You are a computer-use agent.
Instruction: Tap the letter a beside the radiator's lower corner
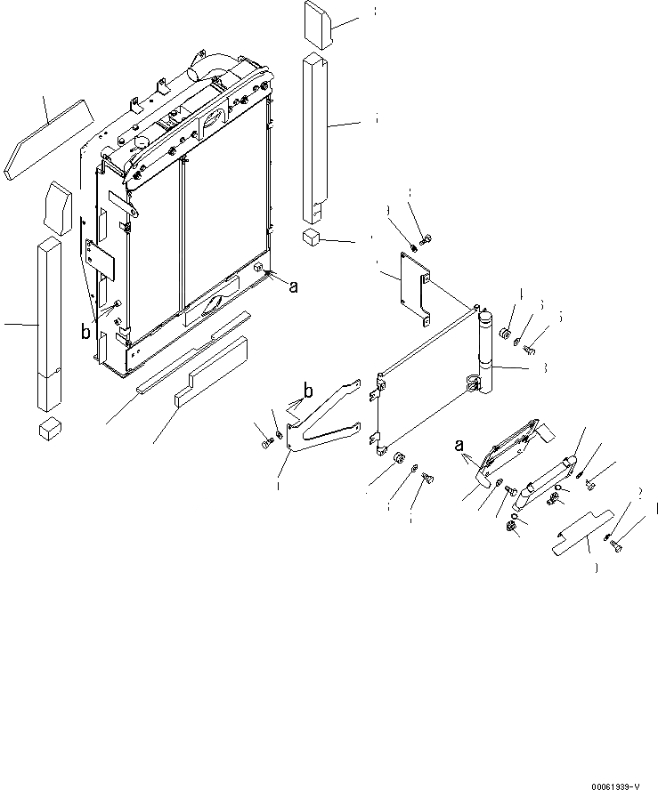292,285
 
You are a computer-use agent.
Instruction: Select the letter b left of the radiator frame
85,333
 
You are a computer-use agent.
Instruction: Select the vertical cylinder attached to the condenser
486,356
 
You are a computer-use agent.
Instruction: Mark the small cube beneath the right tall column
312,238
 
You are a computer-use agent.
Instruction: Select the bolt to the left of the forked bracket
264,442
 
